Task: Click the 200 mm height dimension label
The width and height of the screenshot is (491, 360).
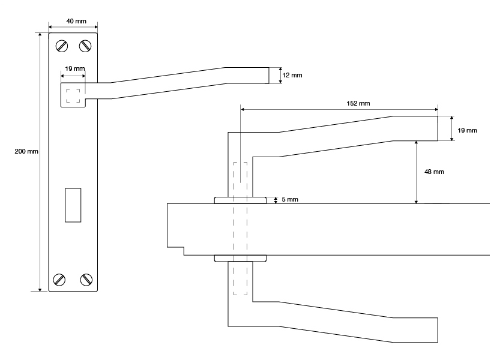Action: pyautogui.click(x=26, y=152)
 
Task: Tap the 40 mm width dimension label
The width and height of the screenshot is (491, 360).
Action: pyautogui.click(x=73, y=22)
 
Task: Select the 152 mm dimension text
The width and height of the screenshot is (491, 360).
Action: pyautogui.click(x=359, y=103)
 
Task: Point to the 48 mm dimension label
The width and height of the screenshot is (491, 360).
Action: pyautogui.click(x=434, y=172)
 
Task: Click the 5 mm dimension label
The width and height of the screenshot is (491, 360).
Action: pyautogui.click(x=290, y=199)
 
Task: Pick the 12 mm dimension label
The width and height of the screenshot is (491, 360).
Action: pyautogui.click(x=292, y=75)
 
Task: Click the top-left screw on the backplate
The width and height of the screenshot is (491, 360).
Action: pyautogui.click(x=61, y=46)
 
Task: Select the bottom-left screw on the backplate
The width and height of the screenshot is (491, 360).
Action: pyautogui.click(x=60, y=278)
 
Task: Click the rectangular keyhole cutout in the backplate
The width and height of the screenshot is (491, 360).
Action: pyautogui.click(x=73, y=205)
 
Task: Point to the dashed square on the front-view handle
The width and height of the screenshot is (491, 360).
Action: pyautogui.click(x=73, y=96)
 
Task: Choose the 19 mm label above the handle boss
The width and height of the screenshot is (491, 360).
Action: pyautogui.click(x=74, y=69)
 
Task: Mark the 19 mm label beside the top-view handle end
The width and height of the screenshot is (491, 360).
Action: pyautogui.click(x=467, y=130)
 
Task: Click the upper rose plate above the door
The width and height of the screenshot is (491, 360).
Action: pyautogui.click(x=240, y=200)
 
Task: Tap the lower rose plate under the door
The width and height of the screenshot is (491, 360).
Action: pyautogui.click(x=240, y=259)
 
